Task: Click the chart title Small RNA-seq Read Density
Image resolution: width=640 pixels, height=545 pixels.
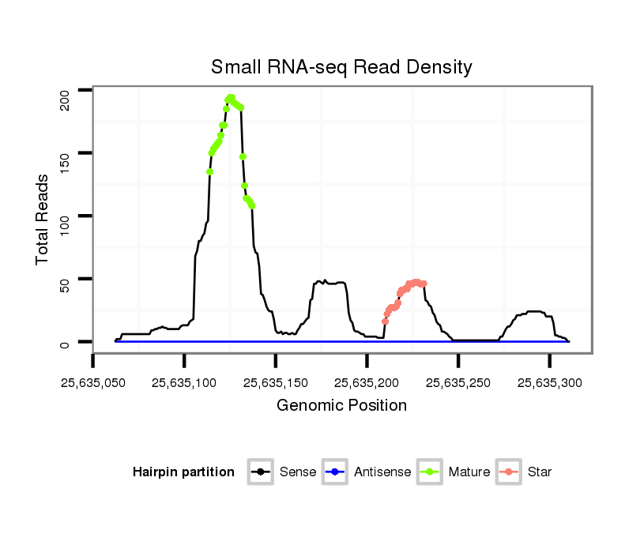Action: [341, 67]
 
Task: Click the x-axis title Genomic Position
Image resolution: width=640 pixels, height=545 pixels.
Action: [341, 406]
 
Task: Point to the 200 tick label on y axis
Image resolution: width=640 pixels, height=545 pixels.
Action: [66, 99]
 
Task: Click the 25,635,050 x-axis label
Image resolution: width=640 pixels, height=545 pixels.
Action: [92, 383]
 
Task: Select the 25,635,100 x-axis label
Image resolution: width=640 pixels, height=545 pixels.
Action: [184, 383]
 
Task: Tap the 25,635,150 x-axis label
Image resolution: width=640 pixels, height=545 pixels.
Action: [275, 383]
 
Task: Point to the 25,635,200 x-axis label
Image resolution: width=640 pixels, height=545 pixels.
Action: [367, 383]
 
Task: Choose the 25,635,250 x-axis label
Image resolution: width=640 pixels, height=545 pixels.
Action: [458, 383]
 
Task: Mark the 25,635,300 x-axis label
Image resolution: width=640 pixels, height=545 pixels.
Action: [549, 383]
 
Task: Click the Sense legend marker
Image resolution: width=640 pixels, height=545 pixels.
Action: [260, 472]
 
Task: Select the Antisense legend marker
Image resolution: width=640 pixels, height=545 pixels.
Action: [334, 472]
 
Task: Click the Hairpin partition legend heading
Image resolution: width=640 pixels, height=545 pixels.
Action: [183, 472]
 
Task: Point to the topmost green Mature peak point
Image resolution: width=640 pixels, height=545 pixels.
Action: [231, 98]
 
